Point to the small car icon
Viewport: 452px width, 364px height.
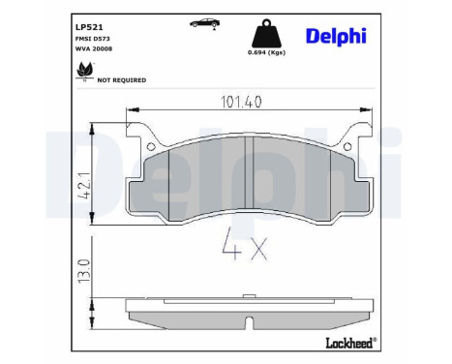pos(204,22)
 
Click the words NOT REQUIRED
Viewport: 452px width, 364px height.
pos(122,80)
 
